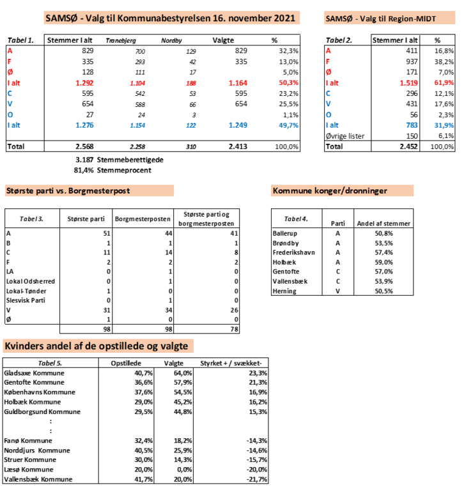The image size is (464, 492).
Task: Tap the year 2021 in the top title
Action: [284, 18]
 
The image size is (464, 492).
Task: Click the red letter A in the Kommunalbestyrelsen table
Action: [10, 50]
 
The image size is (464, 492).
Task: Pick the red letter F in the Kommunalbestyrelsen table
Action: [10, 61]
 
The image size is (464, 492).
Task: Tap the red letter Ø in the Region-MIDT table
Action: [329, 72]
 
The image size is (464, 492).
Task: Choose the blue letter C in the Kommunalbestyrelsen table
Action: [10, 93]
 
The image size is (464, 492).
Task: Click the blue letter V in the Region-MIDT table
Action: [329, 104]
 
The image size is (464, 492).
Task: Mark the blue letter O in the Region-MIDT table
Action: [329, 114]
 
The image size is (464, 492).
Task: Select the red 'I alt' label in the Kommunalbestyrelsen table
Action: [13, 82]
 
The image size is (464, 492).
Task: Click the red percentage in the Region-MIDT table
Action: [444, 82]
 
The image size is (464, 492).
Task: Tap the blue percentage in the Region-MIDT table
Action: [444, 125]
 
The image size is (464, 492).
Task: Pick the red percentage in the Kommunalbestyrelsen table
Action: [289, 82]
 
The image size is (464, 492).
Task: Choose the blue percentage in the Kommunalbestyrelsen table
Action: [289, 125]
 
